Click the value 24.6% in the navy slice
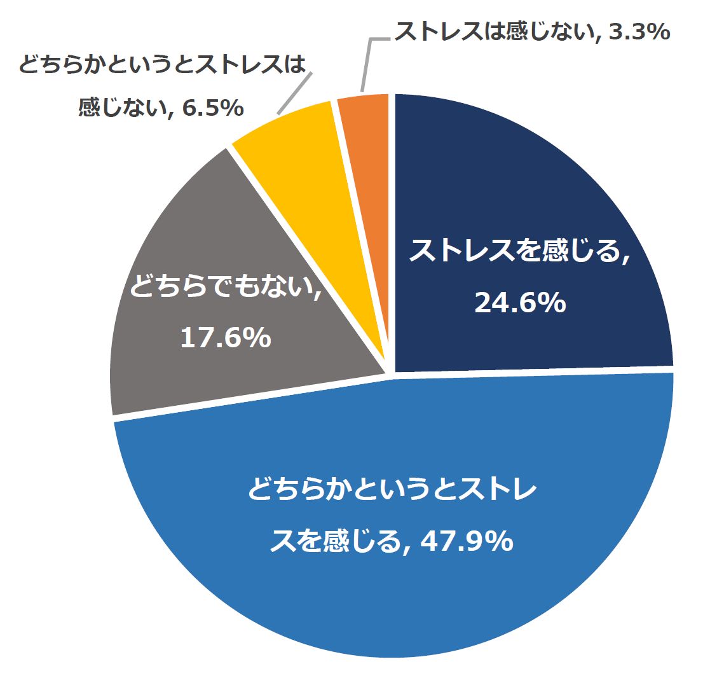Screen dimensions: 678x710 (520, 304)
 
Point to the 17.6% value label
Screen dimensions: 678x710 (226, 338)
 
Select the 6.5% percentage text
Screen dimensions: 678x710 (213, 108)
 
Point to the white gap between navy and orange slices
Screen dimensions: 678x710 (392, 191)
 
